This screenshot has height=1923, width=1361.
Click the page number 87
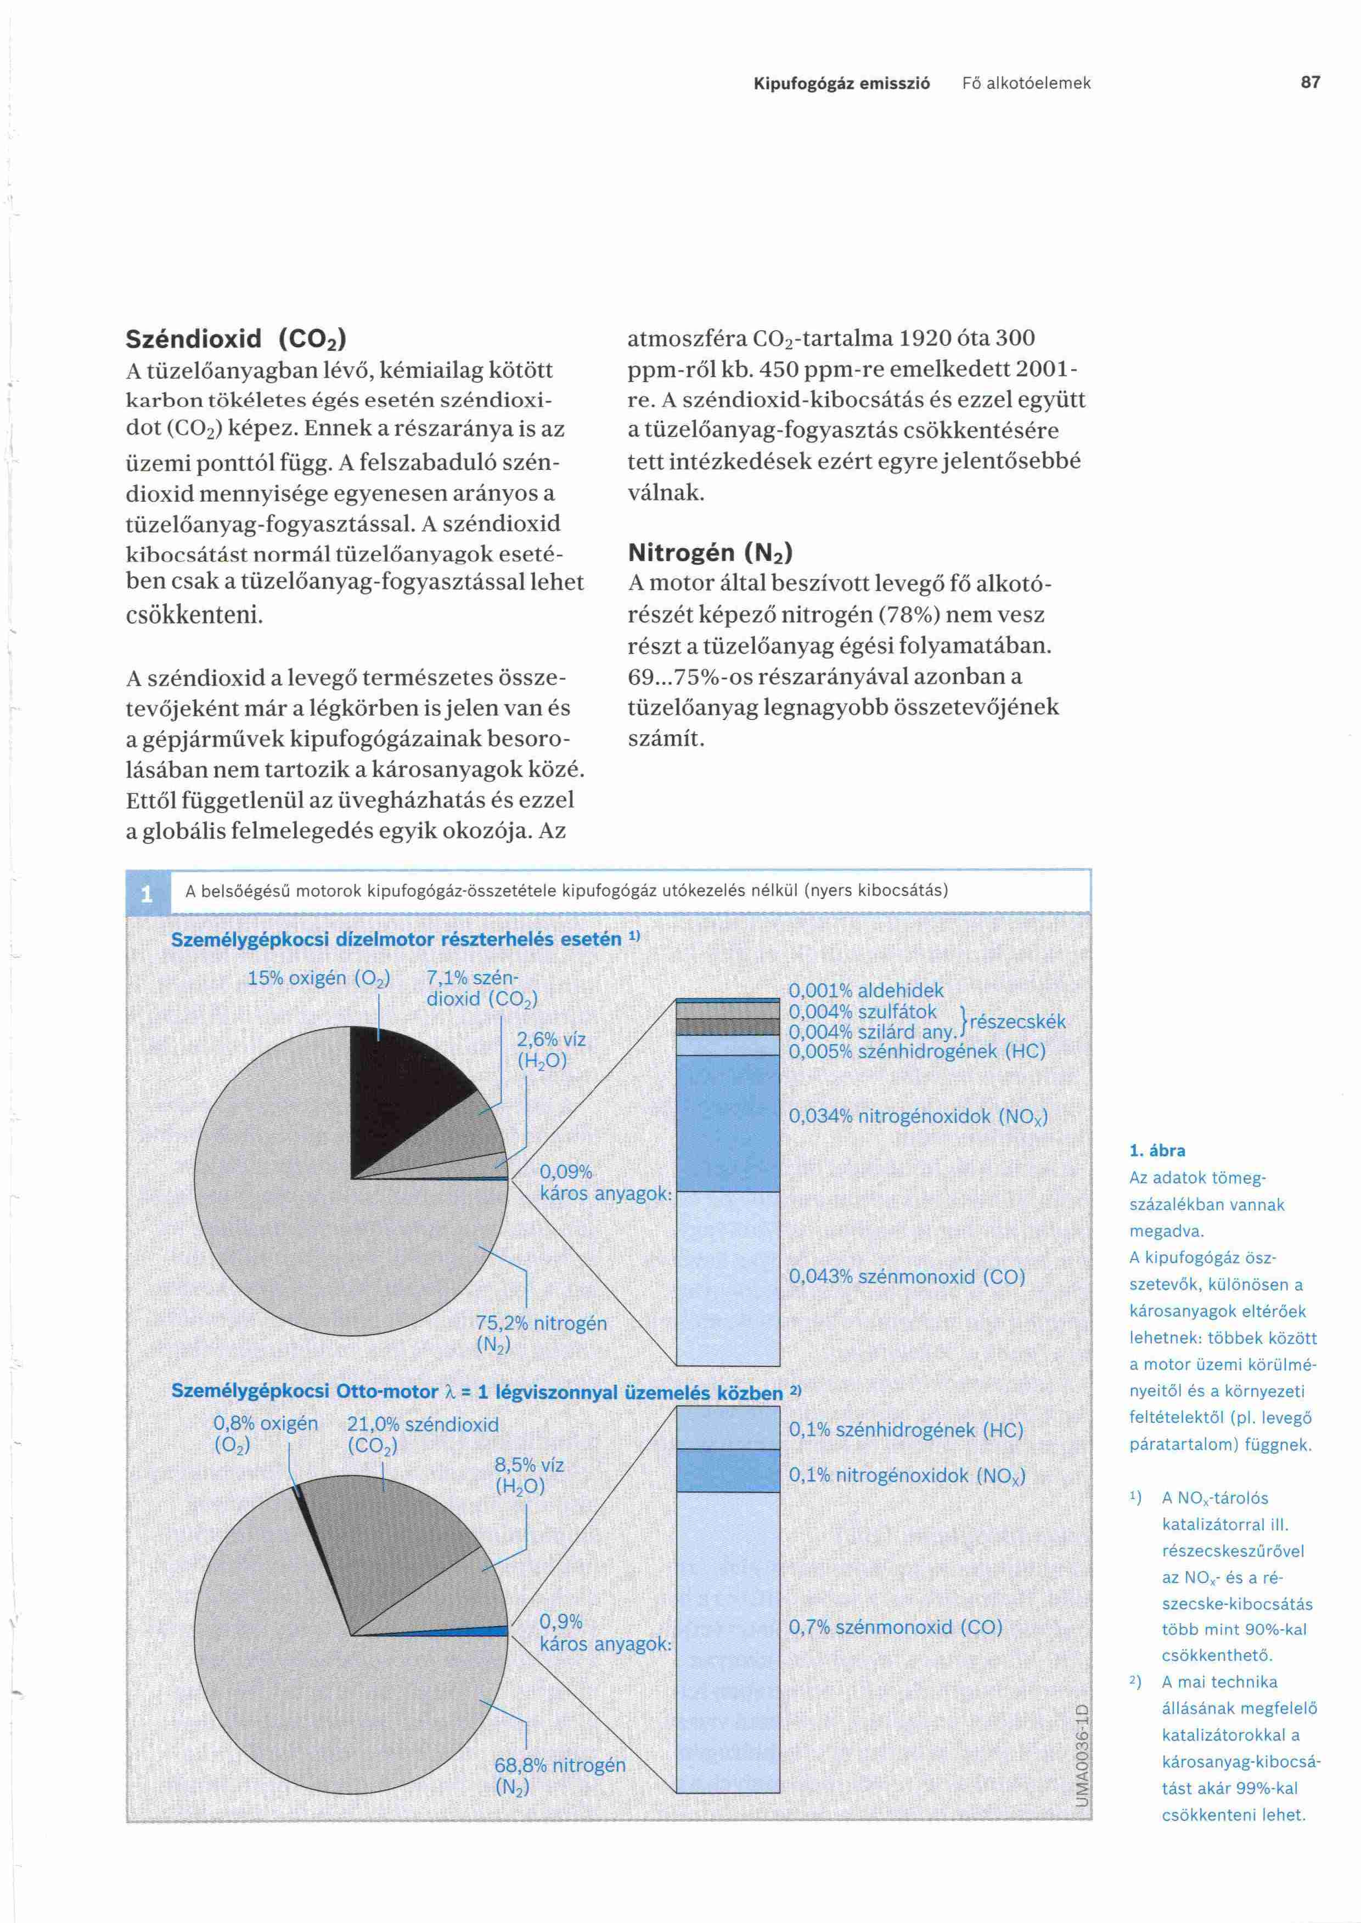(x=1310, y=82)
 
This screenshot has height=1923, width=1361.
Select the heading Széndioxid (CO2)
(x=235, y=339)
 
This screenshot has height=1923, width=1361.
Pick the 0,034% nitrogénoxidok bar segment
(x=728, y=1122)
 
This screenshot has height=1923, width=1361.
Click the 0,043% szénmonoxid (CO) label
(x=907, y=1277)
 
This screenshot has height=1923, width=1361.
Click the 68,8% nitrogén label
(x=559, y=1775)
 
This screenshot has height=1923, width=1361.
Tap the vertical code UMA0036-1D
(x=1081, y=1755)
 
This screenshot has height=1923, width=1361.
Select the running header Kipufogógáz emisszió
(x=841, y=83)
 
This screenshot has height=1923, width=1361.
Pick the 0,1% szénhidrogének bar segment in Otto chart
(x=728, y=1427)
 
